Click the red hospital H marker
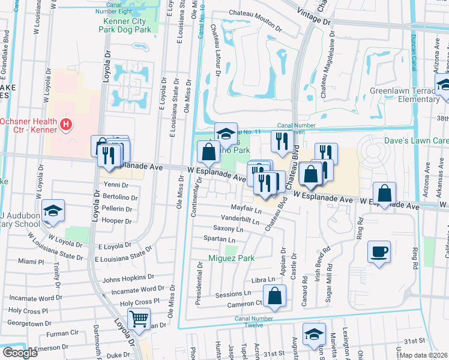(67, 125)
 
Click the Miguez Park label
(231, 259)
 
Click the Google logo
(20, 353)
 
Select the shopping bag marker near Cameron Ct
(274, 295)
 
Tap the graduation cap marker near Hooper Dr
(53, 211)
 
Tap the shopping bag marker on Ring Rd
(384, 193)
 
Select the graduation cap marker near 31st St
(314, 334)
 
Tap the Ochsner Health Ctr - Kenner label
(29, 125)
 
